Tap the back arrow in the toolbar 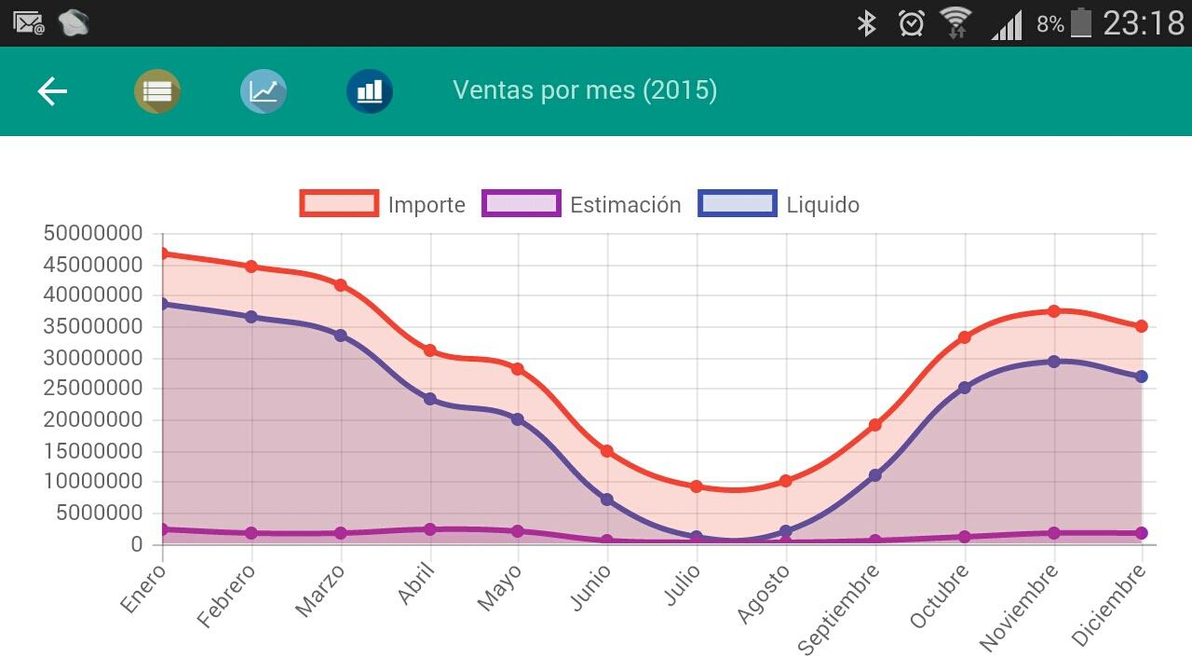52,91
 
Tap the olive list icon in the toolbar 157,91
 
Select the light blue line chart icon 264,91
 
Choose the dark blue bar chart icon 370,91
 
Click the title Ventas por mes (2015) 585,90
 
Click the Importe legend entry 383,204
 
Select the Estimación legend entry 582,204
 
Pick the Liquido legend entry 779,204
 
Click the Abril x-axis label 416,584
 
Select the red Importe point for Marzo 341,285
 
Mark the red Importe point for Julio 697,486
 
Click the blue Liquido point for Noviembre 1054,362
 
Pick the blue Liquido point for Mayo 518,419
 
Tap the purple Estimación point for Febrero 251,533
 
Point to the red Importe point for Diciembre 1141,326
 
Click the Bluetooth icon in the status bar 867,23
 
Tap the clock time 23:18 1144,23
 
